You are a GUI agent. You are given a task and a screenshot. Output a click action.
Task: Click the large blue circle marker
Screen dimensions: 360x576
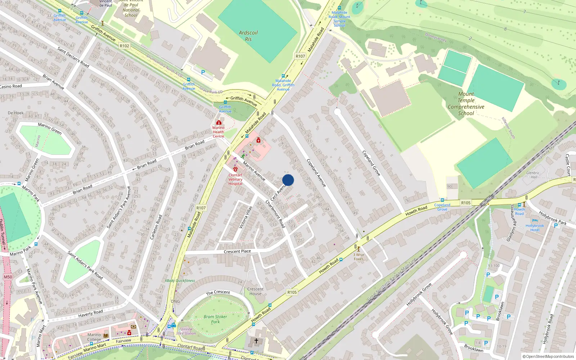click(x=288, y=180)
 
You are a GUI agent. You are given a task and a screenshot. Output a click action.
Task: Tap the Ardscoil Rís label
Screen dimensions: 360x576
click(x=248, y=36)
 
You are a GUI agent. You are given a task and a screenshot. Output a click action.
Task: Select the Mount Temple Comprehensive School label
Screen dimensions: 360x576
click(x=466, y=104)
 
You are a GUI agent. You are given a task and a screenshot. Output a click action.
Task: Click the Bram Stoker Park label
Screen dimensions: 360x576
click(x=215, y=319)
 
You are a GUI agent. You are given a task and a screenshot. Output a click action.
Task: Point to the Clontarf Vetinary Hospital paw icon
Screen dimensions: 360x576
click(x=235, y=169)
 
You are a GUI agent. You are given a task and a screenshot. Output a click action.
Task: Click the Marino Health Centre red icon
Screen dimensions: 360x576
click(x=219, y=122)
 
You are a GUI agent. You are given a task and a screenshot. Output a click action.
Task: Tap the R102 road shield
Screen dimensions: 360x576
click(x=124, y=46)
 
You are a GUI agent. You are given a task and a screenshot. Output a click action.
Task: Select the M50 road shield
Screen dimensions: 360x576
click(x=8, y=277)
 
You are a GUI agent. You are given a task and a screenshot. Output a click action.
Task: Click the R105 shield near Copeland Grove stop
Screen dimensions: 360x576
click(x=466, y=203)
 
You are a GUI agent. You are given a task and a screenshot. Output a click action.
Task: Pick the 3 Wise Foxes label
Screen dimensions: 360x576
click(x=359, y=257)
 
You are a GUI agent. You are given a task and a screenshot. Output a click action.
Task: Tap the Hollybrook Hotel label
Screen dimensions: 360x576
click(x=535, y=228)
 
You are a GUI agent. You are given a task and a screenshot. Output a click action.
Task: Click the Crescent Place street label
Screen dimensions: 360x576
click(x=237, y=251)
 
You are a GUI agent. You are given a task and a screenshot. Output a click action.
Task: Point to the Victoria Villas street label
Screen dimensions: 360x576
click(x=246, y=217)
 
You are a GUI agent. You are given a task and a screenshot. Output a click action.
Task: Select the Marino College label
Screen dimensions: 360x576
click(x=94, y=337)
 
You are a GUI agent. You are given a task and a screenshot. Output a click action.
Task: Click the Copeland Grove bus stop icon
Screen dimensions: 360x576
click(x=442, y=200)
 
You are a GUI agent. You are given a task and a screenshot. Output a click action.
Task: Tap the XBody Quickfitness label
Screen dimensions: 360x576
click(x=180, y=280)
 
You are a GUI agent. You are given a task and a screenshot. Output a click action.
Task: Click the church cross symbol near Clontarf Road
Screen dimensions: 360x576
click(x=256, y=340)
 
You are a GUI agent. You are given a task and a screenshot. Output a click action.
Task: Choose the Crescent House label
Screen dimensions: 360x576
click(x=255, y=291)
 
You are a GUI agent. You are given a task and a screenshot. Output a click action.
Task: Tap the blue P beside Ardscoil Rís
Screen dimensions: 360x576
click(x=203, y=72)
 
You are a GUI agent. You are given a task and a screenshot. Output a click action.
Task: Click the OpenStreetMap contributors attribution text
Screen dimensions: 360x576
click(x=548, y=356)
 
